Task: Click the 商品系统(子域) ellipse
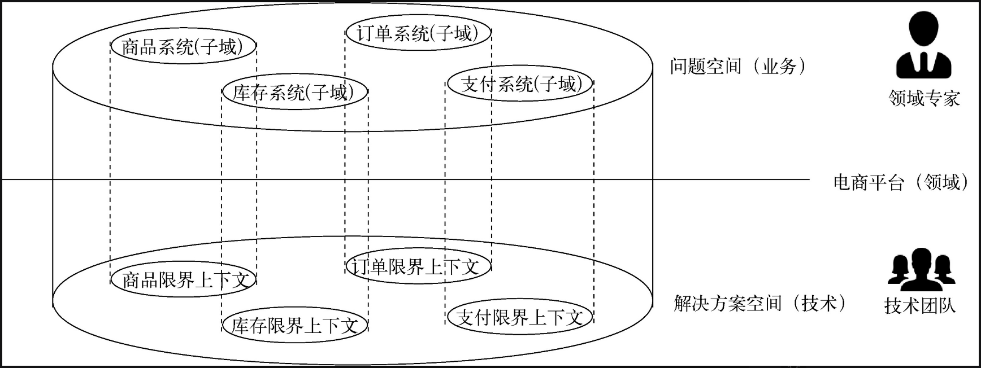183,46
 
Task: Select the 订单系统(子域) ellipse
418,33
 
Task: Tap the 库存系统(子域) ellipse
294,92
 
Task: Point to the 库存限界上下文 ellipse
294,326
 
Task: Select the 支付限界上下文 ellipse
519,317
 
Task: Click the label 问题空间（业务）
737,67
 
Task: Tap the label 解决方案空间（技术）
759,304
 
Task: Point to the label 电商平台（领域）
901,182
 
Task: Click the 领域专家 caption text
924,99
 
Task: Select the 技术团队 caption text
920,306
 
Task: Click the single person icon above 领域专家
923,45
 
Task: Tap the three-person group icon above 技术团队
921,269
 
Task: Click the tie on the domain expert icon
924,63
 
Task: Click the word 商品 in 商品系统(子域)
139,46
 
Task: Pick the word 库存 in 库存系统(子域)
250,93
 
